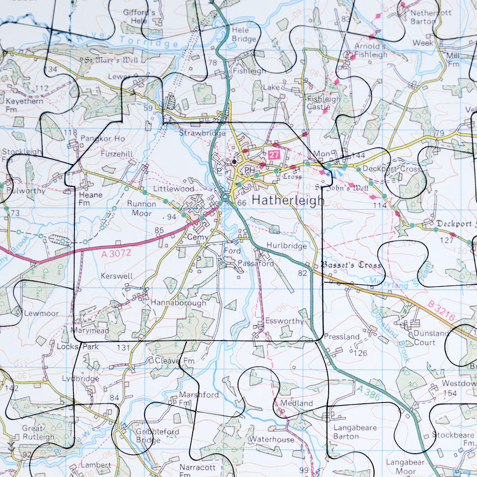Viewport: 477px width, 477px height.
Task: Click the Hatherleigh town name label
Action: pos(288,200)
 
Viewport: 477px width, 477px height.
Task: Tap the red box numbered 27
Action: pos(273,155)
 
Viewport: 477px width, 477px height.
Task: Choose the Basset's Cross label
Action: pos(351,265)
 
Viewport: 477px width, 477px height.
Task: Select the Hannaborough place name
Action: pos(178,303)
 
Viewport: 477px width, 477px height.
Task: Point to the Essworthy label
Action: pos(284,321)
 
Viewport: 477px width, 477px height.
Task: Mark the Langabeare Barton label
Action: pos(352,432)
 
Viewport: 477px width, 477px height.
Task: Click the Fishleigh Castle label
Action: pos(323,103)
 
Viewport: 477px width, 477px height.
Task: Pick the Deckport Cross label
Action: pos(392,169)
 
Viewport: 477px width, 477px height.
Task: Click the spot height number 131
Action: pos(123,348)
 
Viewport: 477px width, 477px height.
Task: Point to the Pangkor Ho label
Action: pos(103,139)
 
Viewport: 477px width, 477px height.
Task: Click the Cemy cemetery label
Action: pos(196,237)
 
